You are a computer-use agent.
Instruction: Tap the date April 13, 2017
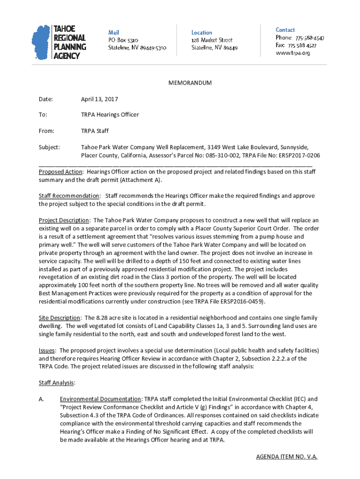100,99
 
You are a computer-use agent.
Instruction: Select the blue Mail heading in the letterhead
114,32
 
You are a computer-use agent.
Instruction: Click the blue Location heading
202,32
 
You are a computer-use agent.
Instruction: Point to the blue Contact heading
285,29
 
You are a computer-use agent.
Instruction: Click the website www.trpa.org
293,53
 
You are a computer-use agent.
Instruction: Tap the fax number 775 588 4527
302,45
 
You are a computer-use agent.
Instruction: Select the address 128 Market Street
212,40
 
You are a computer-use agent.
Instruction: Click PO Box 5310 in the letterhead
123,40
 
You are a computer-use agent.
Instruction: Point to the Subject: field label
49,147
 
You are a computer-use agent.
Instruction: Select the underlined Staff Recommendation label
69,196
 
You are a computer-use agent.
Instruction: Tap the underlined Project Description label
64,220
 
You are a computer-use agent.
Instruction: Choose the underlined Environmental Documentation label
101,399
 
